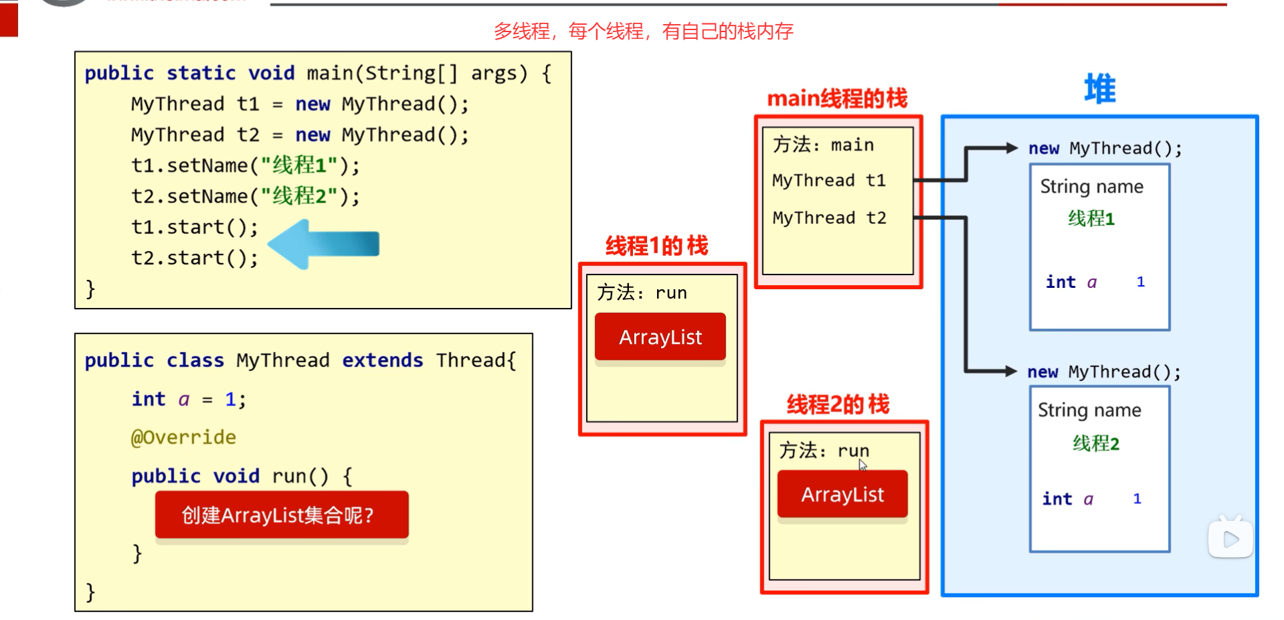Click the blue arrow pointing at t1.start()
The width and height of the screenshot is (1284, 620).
(x=325, y=244)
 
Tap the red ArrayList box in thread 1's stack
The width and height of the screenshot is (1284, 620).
(x=660, y=337)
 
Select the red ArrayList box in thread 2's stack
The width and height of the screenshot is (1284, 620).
(x=842, y=494)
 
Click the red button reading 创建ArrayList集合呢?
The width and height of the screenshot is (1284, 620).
(x=282, y=515)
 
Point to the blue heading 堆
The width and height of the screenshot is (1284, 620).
(x=1100, y=89)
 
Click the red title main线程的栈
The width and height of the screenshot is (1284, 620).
(x=837, y=98)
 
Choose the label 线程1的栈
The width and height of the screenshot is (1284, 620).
(x=656, y=246)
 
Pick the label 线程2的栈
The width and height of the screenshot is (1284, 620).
(x=838, y=404)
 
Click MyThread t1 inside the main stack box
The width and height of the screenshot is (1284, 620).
(x=828, y=180)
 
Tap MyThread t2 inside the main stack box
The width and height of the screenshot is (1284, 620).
(x=829, y=218)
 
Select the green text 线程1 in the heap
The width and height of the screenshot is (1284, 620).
(x=1091, y=218)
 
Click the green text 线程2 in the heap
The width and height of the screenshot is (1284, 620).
(x=1095, y=443)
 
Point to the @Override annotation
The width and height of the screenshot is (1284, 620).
(x=183, y=437)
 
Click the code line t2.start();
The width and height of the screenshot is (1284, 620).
(x=195, y=258)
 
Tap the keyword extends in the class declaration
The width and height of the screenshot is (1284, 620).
(x=382, y=360)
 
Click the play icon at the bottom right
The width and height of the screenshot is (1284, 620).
(x=1230, y=539)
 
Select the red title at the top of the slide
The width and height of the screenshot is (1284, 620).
(x=643, y=31)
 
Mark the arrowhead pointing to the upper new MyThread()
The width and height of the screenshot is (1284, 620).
(x=1011, y=148)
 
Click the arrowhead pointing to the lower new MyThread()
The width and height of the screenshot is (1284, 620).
(x=1010, y=371)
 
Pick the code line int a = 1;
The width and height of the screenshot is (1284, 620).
(x=189, y=400)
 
